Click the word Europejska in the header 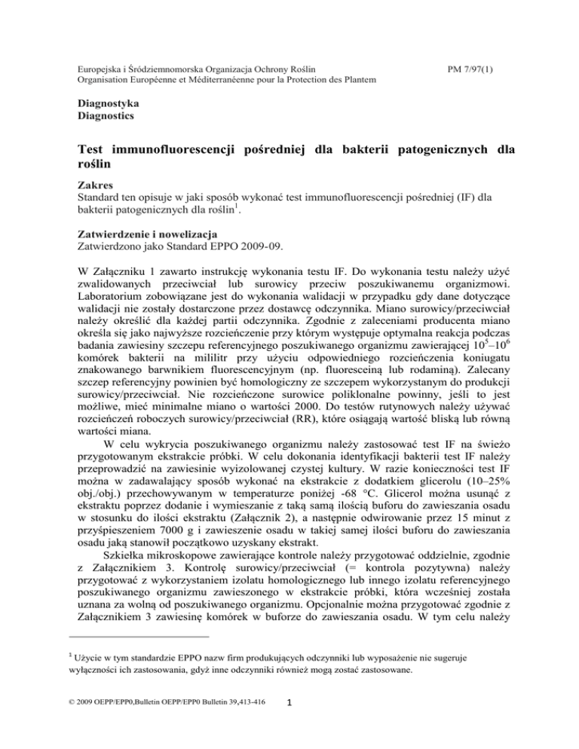pyautogui.click(x=103, y=69)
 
